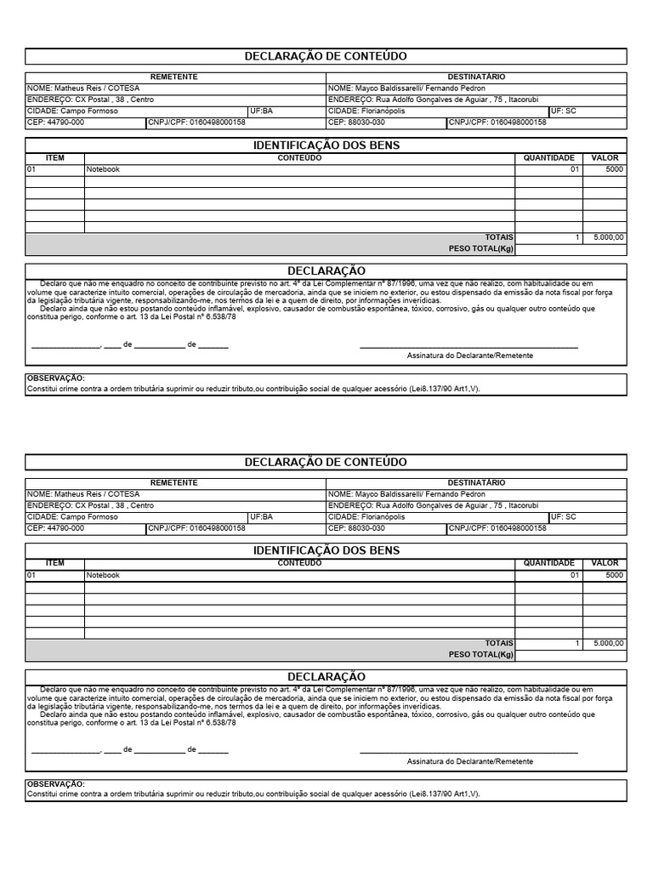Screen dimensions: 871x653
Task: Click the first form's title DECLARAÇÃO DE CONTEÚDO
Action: pos(326,56)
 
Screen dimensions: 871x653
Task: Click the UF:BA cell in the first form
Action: pos(261,111)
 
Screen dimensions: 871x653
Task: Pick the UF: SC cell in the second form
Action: pos(563,516)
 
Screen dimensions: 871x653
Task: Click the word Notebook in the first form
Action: pos(103,169)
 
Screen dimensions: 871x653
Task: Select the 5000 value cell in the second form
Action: pos(614,575)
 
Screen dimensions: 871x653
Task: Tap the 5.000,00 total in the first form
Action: pos(609,237)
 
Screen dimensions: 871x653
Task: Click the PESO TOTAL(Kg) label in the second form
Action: pos(481,655)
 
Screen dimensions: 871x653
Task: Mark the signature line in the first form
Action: pos(468,347)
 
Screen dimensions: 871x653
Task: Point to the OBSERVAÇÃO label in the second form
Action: pos(55,783)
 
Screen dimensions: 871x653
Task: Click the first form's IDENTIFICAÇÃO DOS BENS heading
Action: pos(326,145)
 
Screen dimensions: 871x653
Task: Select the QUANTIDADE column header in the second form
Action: pos(548,563)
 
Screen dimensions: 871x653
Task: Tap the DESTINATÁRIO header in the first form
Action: pos(476,77)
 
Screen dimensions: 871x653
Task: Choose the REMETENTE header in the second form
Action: pos(174,482)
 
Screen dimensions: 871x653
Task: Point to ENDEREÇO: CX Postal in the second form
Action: pos(90,505)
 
